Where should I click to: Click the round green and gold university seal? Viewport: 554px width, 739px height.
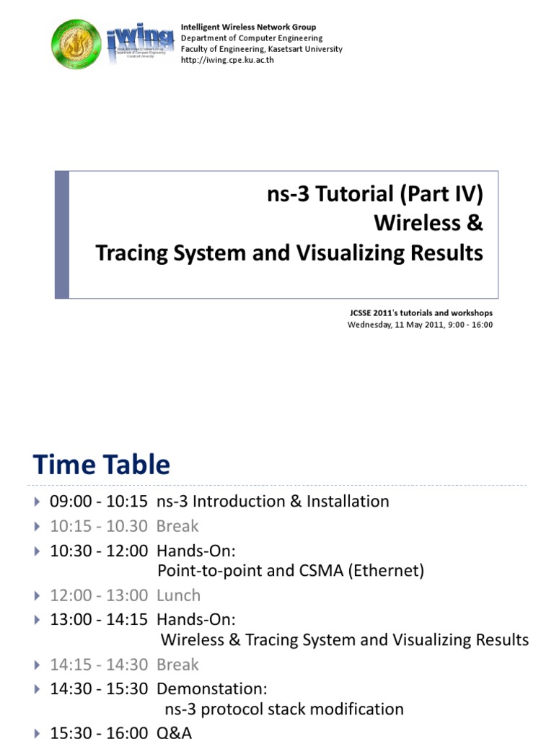click(76, 44)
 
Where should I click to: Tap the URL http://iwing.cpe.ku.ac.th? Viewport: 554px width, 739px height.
click(227, 60)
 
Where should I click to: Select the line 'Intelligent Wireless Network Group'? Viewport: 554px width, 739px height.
click(248, 27)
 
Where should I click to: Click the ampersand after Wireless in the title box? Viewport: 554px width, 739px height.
click(475, 223)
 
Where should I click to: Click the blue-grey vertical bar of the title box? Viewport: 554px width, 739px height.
click(62, 235)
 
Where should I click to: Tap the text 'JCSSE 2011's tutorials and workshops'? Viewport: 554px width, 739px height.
click(421, 312)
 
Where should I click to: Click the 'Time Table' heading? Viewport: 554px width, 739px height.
click(101, 464)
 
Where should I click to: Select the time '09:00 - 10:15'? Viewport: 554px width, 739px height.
click(98, 501)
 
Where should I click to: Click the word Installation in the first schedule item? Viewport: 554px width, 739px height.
click(348, 501)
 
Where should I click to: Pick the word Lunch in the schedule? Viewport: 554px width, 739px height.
click(179, 595)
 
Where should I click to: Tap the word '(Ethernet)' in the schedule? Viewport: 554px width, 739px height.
click(387, 571)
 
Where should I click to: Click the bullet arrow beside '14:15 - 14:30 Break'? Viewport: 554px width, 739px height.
click(38, 665)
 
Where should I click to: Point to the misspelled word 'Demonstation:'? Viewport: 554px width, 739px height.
click(212, 688)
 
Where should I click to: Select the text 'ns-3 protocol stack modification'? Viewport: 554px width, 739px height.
click(284, 709)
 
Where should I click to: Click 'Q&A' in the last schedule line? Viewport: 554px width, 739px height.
click(175, 733)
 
